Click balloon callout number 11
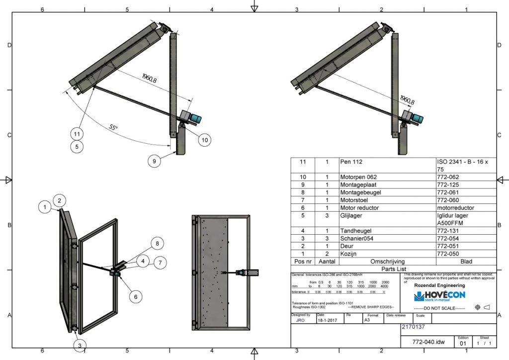[x=77, y=134]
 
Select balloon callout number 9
[x=155, y=161]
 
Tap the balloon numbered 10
[x=204, y=140]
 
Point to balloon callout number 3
[x=79, y=345]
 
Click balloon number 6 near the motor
[x=134, y=295]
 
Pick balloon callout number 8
[x=157, y=244]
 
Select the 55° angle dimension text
[x=114, y=127]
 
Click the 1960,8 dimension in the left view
[x=149, y=78]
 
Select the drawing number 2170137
[x=413, y=327]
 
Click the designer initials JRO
[x=301, y=321]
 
